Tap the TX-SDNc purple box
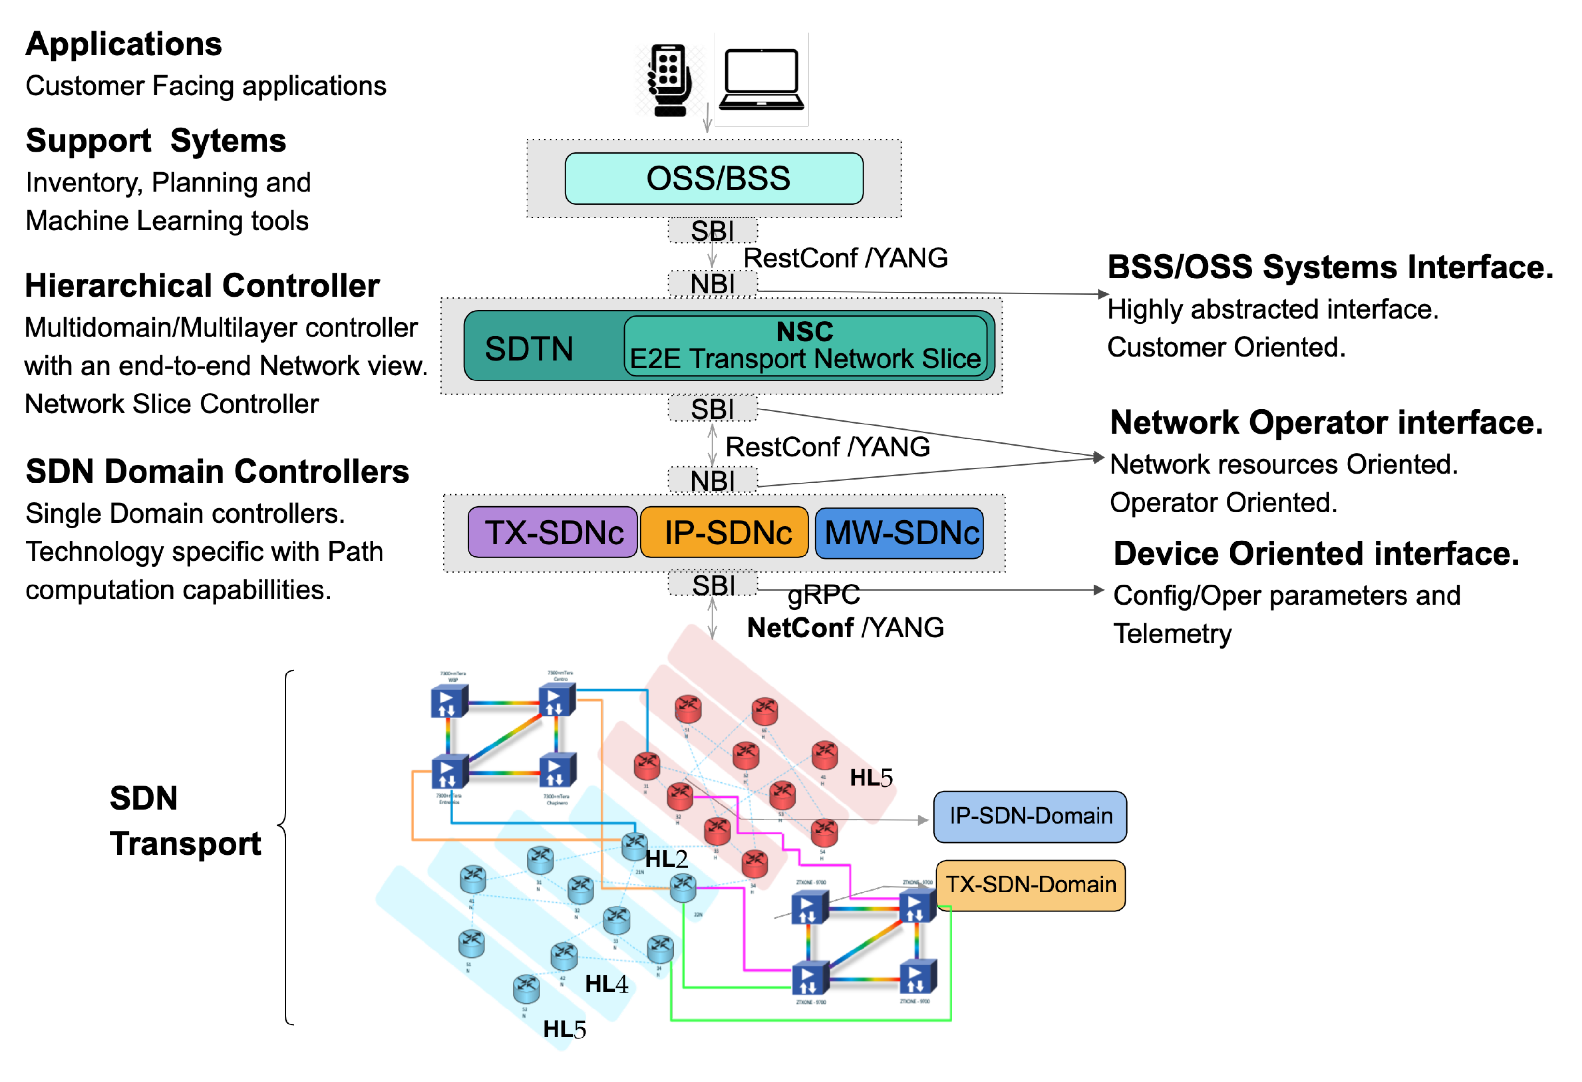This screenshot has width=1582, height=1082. click(553, 533)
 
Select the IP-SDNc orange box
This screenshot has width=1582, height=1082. click(724, 533)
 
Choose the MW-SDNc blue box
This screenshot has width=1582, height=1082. click(899, 533)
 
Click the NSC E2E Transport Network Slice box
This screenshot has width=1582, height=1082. click(806, 346)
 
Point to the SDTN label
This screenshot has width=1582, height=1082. click(529, 349)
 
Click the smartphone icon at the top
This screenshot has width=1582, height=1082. click(669, 80)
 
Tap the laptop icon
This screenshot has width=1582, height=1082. click(761, 80)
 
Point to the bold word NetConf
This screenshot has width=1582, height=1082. click(800, 628)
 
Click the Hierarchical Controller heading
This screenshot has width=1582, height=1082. click(202, 286)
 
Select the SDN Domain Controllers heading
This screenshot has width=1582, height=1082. click(217, 471)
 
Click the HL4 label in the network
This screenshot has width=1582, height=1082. click(606, 984)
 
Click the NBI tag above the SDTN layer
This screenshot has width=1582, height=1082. click(712, 284)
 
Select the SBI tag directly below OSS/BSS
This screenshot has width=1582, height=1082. click(712, 231)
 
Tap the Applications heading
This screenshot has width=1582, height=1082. click(123, 44)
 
